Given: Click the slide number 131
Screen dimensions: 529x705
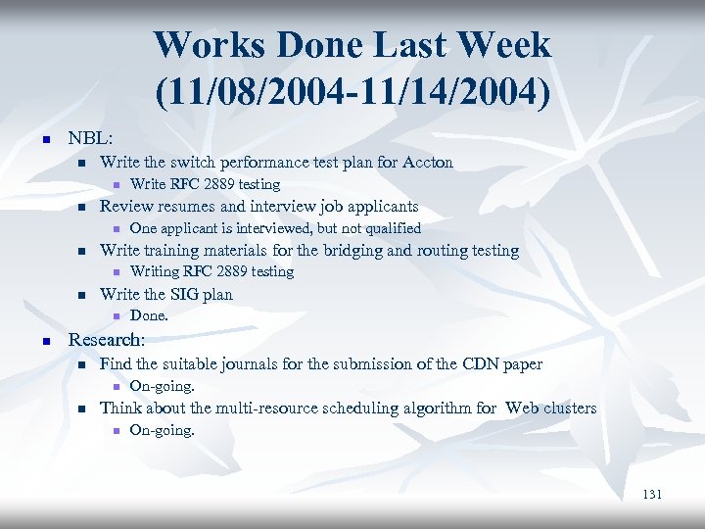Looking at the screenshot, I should point(652,495).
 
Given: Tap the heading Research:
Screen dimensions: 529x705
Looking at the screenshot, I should point(106,340).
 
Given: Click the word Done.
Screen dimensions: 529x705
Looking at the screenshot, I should point(149,315).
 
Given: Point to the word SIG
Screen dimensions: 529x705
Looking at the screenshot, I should point(184,294).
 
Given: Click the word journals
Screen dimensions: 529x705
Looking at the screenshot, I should point(239,364).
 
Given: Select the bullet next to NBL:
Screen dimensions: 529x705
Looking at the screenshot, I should point(46,140).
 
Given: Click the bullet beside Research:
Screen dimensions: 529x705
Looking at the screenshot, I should point(46,341).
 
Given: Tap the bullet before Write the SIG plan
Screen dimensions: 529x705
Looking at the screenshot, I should point(82,295).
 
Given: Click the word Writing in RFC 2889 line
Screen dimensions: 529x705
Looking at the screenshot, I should point(155,271).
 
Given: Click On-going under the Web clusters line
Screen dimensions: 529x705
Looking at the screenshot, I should point(163,430).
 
